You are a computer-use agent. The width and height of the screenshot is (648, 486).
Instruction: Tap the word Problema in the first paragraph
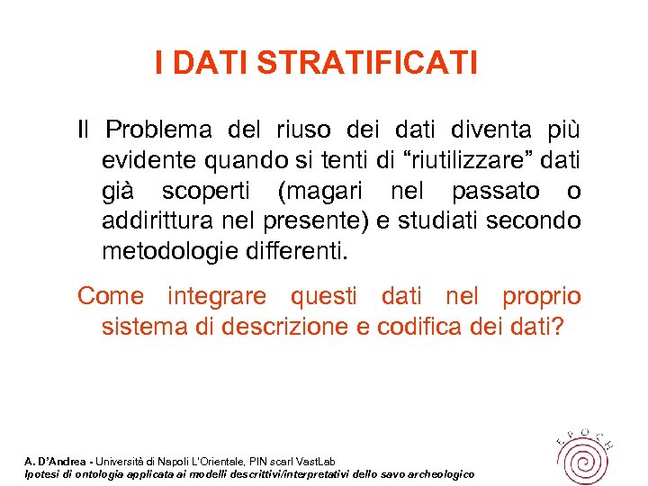pyautogui.click(x=158, y=130)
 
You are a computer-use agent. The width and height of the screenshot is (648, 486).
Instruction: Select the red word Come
pyautogui.click(x=111, y=296)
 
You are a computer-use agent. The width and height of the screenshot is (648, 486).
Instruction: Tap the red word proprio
pyautogui.click(x=542, y=296)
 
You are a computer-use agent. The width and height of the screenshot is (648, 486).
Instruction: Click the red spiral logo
pyautogui.click(x=581, y=454)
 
